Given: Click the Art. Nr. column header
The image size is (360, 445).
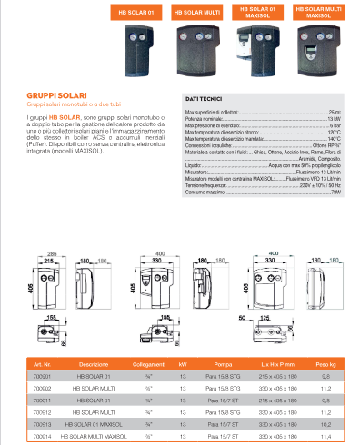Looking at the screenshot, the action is pos(44,363).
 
